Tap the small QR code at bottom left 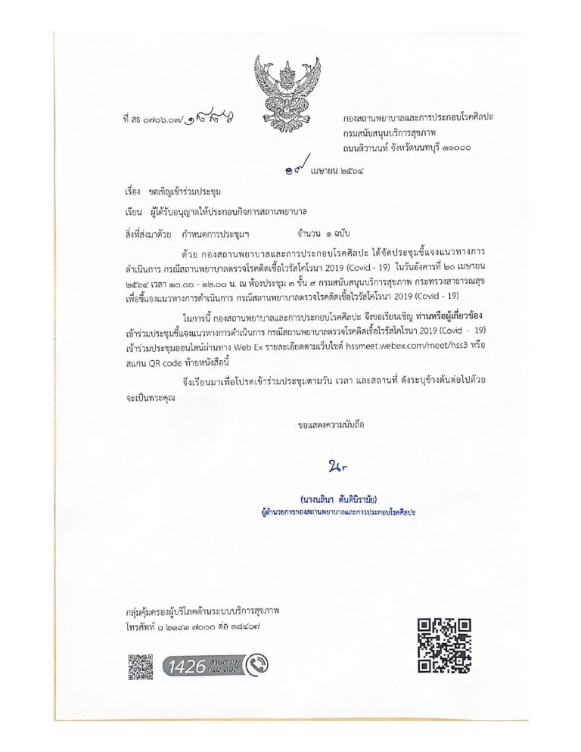tap(140, 666)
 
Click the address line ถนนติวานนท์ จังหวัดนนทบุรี tap(406, 148)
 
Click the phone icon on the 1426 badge tap(256, 666)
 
